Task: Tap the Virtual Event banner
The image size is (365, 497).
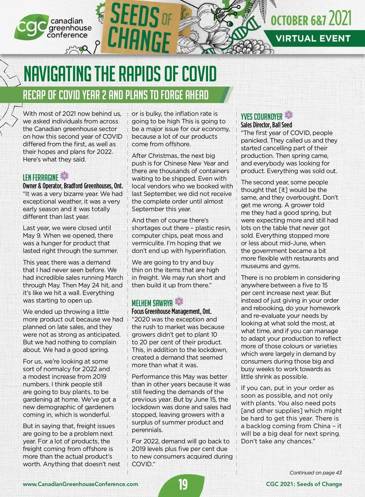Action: tap(313, 39)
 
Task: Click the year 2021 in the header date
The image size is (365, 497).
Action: tap(340, 19)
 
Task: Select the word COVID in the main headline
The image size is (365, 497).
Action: tap(199, 74)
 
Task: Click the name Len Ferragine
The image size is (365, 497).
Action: tap(40, 177)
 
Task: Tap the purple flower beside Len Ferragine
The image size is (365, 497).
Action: tap(64, 176)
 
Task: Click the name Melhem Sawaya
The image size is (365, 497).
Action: tap(152, 303)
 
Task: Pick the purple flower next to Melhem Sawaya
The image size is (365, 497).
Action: tap(179, 301)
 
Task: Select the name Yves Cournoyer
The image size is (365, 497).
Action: tap(262, 117)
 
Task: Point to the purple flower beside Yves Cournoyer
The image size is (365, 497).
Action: tap(288, 115)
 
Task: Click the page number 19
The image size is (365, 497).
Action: tap(183, 484)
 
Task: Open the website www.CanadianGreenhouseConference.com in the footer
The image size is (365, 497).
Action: tap(80, 484)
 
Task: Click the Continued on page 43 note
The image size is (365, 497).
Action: tap(315, 473)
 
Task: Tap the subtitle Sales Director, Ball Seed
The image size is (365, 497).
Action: tap(266, 125)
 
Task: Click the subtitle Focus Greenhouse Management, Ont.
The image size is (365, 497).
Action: tap(172, 311)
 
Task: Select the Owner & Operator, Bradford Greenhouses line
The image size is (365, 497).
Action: tap(73, 186)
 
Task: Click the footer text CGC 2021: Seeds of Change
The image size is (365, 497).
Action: tap(304, 484)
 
